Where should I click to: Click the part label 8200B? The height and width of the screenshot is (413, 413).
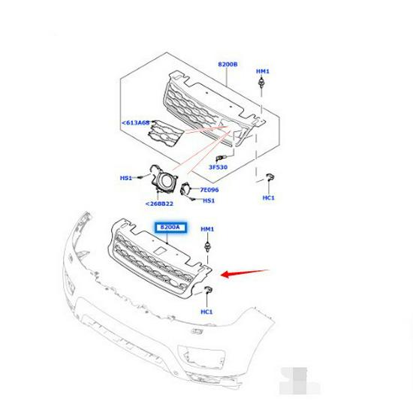[228, 64]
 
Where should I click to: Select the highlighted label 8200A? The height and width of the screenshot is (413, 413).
[170, 227]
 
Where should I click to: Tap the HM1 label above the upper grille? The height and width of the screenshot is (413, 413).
[263, 71]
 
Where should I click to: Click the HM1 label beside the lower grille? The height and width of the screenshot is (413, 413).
[207, 229]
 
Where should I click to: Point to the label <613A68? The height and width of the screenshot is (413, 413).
[135, 122]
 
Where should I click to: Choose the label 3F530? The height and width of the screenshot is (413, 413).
[218, 167]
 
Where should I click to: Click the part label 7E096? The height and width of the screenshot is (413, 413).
[210, 190]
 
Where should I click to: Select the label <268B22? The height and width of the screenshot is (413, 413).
[159, 203]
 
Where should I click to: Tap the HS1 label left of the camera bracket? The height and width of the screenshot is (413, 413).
[126, 178]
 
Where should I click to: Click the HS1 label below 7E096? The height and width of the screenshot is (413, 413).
[209, 200]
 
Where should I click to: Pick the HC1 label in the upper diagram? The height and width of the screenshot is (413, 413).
[268, 197]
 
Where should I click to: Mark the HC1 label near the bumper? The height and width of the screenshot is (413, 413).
[206, 312]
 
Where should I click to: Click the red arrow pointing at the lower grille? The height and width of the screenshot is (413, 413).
[245, 273]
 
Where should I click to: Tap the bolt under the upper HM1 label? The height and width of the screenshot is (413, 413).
[261, 83]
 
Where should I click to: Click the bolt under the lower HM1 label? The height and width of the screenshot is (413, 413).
[208, 246]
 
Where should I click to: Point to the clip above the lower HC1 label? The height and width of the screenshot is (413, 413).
[208, 290]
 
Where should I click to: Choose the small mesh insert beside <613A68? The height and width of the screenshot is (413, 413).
[164, 134]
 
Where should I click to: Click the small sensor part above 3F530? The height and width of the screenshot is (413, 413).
[220, 158]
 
